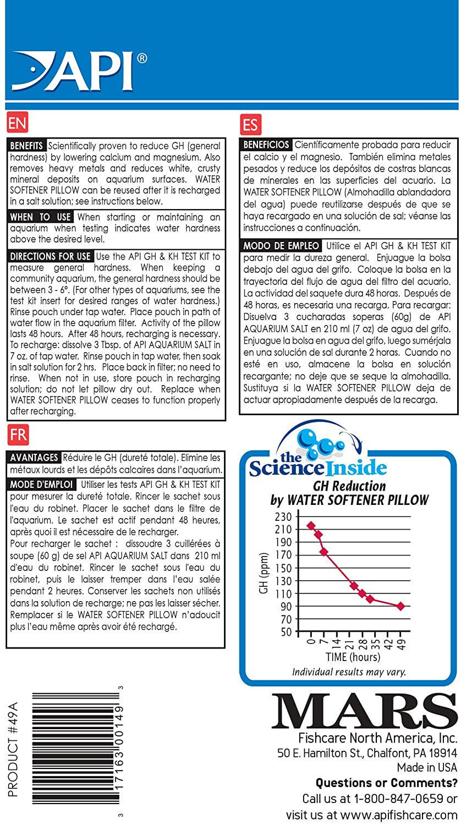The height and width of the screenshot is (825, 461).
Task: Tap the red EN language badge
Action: pyautogui.click(x=18, y=123)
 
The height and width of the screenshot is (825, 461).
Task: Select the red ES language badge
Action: pyautogui.click(x=250, y=124)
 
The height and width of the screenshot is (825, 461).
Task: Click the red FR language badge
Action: pyautogui.click(x=18, y=435)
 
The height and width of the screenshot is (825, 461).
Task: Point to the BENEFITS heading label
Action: pyautogui.click(x=27, y=146)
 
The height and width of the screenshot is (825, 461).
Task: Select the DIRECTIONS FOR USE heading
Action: pyautogui.click(x=51, y=257)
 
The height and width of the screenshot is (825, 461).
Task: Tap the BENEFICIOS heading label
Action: pyautogui.click(x=267, y=145)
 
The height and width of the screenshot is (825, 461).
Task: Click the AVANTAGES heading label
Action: pyautogui.click(x=34, y=458)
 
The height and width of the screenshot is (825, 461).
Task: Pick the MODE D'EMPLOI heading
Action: pyautogui.click(x=42, y=485)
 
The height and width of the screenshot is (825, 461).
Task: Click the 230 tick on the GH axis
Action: pyautogui.click(x=283, y=517)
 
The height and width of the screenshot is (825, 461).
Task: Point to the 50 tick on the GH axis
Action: pyautogui.click(x=285, y=632)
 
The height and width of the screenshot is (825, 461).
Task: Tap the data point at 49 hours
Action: pyautogui.click(x=400, y=606)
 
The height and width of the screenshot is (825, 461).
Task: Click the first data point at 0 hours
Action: pyautogui.click(x=311, y=526)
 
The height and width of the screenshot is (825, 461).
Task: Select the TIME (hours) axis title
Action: pyautogui.click(x=352, y=657)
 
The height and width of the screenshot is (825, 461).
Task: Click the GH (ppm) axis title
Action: pyautogui.click(x=264, y=573)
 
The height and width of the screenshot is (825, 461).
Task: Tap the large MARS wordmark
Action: pyautogui.click(x=364, y=711)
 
